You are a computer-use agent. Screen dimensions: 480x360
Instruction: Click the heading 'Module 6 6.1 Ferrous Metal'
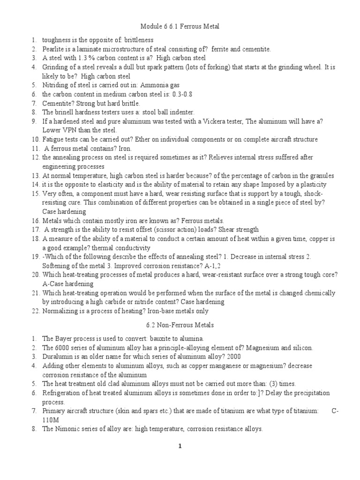pos(180,27)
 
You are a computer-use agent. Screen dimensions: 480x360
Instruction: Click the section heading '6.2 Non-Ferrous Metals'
pos(180,324)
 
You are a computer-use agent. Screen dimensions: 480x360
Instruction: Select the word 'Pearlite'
pos(53,49)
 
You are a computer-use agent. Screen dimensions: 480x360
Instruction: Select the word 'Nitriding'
pos(55,85)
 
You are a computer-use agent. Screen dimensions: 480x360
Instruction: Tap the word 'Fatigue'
pos(53,139)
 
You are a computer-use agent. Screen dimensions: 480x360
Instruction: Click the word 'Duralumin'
pos(58,356)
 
